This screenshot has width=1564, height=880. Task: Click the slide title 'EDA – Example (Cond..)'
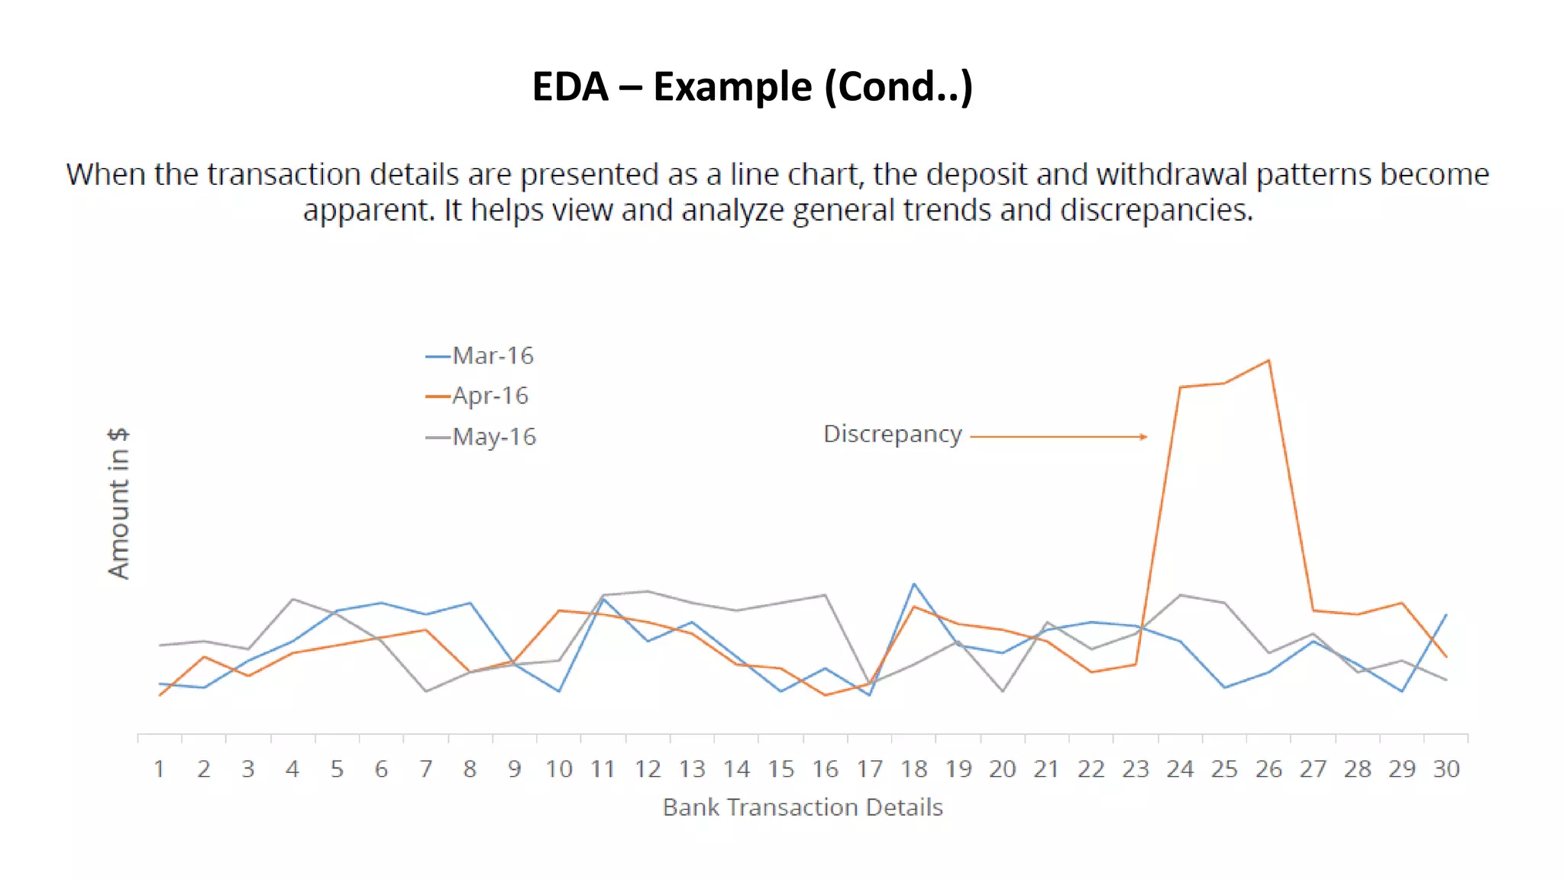(752, 86)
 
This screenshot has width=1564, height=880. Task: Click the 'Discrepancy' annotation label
(892, 434)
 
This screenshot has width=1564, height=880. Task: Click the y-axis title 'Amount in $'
(118, 503)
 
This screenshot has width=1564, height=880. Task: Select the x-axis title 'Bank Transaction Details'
(803, 807)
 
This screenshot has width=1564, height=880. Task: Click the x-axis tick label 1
(159, 769)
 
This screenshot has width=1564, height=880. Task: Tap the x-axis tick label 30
(1446, 769)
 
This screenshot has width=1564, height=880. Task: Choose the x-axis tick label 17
(869, 769)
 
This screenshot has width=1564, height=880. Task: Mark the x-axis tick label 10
(559, 769)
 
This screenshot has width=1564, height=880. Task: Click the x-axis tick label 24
(1180, 769)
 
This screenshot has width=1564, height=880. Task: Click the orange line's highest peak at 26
(1268, 361)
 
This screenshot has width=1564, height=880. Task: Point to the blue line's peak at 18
(914, 584)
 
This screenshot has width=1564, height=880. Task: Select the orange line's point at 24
(1180, 387)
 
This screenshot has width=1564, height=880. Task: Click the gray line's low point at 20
(1003, 691)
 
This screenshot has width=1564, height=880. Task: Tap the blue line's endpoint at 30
(1446, 614)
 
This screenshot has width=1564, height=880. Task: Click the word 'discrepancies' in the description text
(1155, 210)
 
